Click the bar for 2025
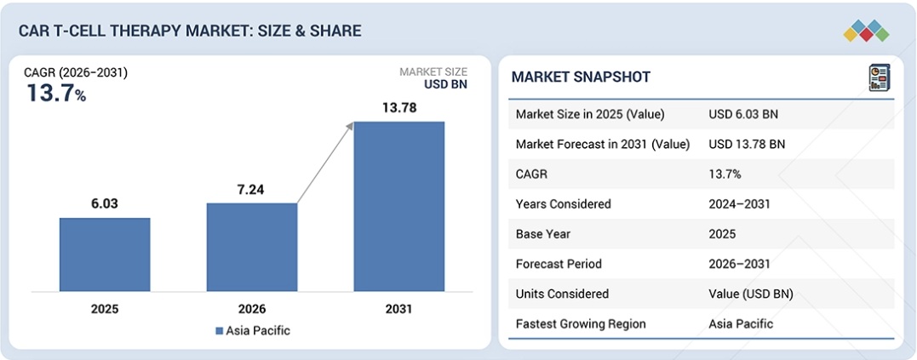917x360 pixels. (x=105, y=255)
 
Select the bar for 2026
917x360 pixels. (x=252, y=248)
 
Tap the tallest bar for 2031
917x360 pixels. (x=399, y=207)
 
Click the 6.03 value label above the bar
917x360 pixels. (x=105, y=204)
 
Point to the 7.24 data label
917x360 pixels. (x=252, y=189)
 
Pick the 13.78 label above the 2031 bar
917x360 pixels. (x=399, y=108)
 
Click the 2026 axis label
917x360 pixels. (x=252, y=309)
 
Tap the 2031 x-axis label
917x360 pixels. (x=399, y=309)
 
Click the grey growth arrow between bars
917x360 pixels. (x=325, y=163)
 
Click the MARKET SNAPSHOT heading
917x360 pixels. (x=581, y=77)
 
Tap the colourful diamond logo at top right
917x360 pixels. (x=866, y=31)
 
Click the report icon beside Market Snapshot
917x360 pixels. (x=878, y=77)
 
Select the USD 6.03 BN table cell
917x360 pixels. (x=742, y=114)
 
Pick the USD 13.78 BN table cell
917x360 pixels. (x=746, y=144)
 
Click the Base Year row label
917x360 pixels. (x=544, y=234)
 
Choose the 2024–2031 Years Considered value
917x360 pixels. (x=738, y=204)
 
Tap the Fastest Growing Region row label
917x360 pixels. (x=581, y=323)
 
